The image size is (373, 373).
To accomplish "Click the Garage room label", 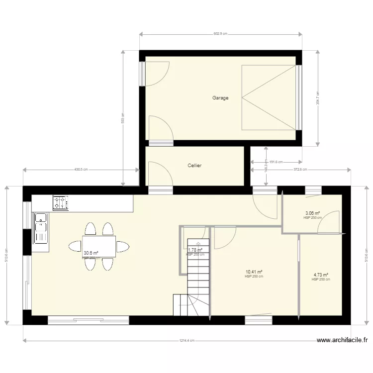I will pos(220,98).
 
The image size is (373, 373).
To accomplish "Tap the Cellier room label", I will pos(194,166).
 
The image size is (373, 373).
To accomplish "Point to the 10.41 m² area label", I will pos(254,272).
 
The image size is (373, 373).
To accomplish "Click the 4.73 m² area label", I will pos(321,275).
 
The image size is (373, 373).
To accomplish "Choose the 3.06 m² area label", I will pos(312,213).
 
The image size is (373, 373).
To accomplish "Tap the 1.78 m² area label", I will pos(195,250).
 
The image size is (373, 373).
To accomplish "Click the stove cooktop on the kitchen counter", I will pos(61,202).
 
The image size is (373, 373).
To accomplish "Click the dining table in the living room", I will pos(99,246).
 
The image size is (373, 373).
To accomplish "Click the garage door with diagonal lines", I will pos(269,97).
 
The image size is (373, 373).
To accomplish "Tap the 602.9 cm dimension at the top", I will pos(220,34).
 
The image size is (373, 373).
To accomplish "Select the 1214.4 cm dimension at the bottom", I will pos(187,341).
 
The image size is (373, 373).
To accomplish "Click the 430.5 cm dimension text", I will pos(81,170).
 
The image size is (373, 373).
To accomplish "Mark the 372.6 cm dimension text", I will pos(300,170).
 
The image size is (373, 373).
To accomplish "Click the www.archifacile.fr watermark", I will pos(343,341).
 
